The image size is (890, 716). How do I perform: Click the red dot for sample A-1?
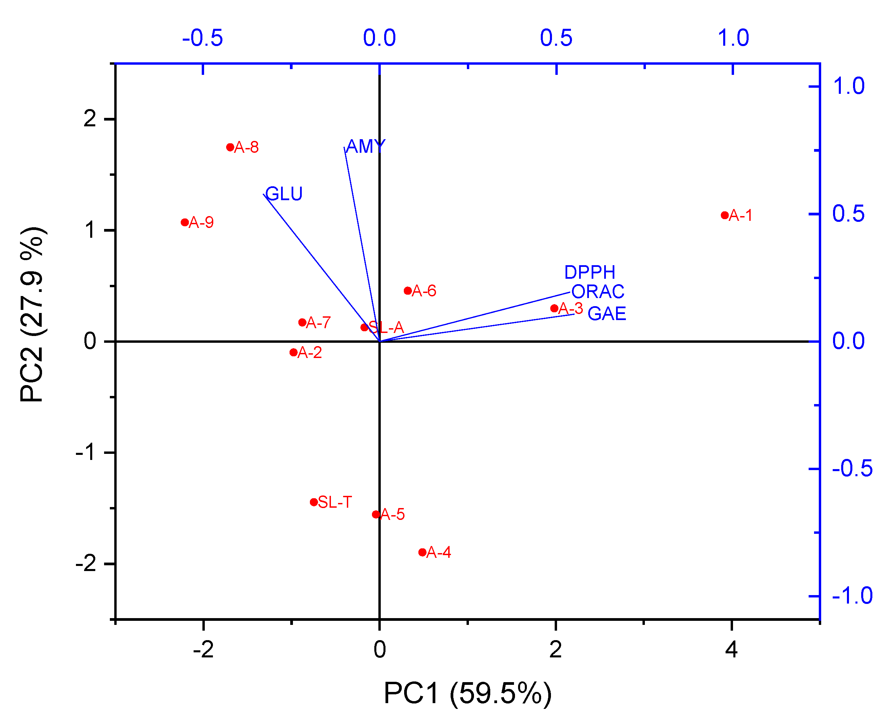point(725,215)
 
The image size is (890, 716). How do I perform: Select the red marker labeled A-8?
point(230,147)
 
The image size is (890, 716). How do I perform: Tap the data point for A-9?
point(184,222)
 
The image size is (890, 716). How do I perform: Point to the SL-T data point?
point(314,502)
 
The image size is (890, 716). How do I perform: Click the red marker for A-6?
point(408,291)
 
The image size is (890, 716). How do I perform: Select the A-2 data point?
point(294,352)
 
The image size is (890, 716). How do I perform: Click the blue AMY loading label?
point(366,146)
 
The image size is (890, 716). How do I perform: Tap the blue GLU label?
point(284,194)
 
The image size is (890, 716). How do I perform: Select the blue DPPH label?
point(590,272)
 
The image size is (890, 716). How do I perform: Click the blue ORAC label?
point(598,292)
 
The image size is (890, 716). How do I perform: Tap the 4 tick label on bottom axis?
point(731,649)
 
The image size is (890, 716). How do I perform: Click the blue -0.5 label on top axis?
point(202,38)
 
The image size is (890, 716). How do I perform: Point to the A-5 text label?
point(392,514)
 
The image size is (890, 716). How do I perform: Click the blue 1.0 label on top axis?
point(733,38)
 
